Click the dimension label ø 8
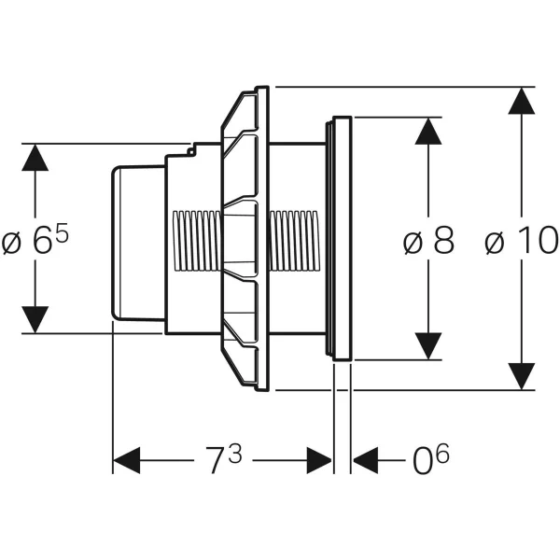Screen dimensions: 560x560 (428, 242)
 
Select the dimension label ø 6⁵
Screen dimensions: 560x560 (36, 243)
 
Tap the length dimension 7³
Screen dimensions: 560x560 (224, 459)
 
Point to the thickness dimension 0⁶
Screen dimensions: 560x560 (429, 459)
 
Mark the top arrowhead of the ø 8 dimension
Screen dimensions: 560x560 (428, 132)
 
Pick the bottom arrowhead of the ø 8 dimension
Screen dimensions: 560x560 (428, 345)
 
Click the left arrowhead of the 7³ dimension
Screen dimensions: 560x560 (126, 460)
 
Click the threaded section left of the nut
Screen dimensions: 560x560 (197, 239)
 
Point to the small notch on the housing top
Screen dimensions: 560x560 (191, 147)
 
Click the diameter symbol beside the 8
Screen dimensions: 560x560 (412, 243)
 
